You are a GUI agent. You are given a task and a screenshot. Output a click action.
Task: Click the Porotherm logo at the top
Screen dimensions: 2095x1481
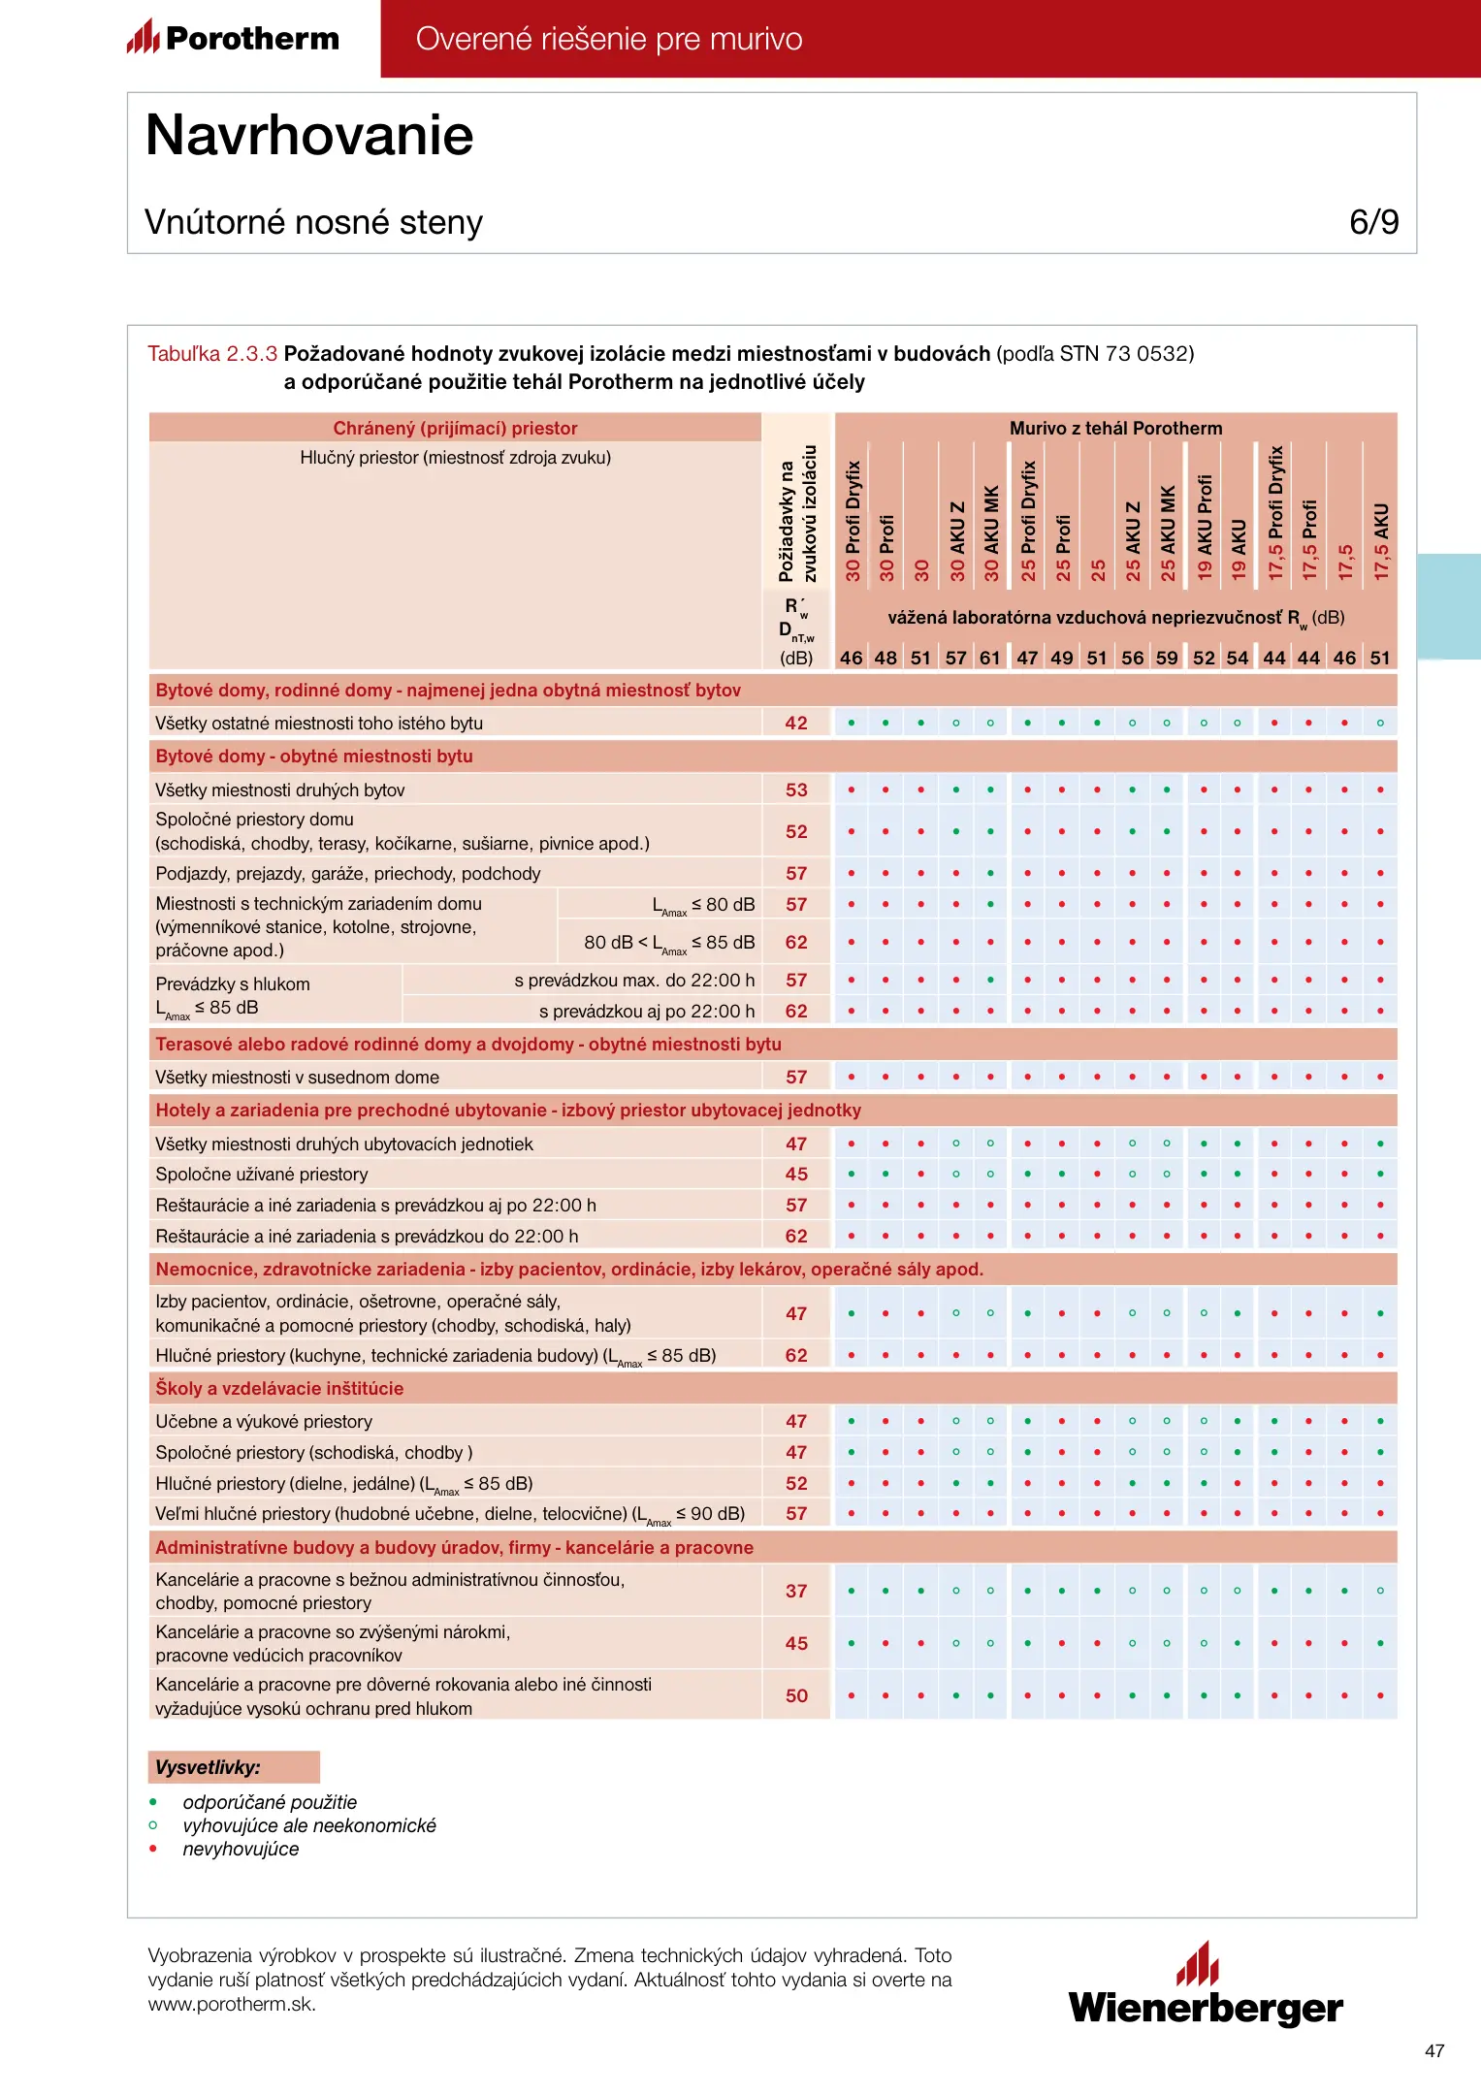point(234,38)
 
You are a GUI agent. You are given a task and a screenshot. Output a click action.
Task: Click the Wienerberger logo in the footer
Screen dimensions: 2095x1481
point(1206,1986)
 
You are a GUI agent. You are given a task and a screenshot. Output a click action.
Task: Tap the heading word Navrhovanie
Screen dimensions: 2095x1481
point(309,135)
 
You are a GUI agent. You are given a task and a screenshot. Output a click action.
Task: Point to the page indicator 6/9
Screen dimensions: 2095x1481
point(1373,222)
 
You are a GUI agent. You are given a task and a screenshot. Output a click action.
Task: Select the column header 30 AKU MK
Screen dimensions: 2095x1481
point(991,532)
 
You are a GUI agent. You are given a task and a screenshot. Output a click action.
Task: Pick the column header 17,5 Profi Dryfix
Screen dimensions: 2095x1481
point(1275,513)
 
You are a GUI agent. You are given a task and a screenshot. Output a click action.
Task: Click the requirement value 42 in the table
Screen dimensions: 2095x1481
point(796,724)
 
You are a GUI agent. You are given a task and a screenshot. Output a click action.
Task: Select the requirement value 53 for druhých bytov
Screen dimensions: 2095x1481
point(796,790)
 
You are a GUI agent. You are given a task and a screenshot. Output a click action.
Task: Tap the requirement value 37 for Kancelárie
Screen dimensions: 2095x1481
point(796,1592)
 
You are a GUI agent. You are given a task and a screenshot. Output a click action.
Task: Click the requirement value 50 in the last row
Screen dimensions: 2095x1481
point(796,1696)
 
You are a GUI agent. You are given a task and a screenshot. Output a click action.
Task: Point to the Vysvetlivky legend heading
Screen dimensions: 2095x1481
point(209,1767)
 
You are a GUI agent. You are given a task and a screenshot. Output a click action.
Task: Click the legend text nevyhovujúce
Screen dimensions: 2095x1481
point(241,1849)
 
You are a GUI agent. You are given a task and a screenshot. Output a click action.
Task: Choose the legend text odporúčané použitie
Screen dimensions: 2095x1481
point(270,1802)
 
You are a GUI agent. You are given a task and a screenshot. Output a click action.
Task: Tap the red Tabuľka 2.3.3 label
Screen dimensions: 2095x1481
point(212,354)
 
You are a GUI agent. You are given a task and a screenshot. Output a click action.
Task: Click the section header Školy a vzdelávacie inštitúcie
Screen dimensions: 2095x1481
point(279,1389)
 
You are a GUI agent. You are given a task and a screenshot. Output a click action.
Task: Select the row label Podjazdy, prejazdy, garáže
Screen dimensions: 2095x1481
point(348,874)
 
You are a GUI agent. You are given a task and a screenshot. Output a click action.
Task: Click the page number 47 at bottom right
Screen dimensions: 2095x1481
point(1434,2051)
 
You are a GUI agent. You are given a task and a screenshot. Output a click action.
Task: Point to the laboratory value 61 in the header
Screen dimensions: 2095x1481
point(990,658)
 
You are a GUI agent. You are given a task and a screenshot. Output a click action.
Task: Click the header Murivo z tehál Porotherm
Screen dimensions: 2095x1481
point(1115,429)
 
